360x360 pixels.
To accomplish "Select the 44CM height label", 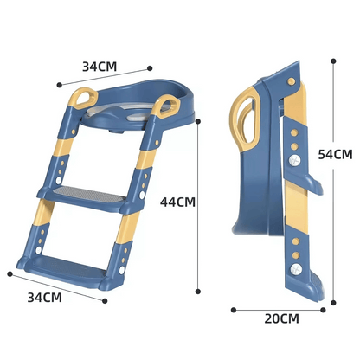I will tap(177, 202).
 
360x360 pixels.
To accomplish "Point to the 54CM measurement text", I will tap(335, 155).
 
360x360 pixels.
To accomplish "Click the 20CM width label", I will tap(281, 318).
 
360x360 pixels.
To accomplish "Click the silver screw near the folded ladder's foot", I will tap(297, 269).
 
